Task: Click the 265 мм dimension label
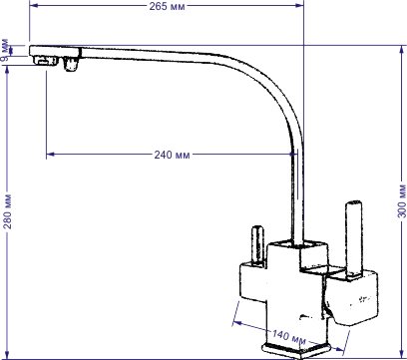[167, 6]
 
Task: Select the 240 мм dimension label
[172, 155]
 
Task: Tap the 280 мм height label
[7, 211]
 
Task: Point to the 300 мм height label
[402, 200]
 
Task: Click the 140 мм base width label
[288, 336]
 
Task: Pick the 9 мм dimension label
[5, 51]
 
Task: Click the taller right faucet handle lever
[352, 238]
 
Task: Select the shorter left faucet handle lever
[257, 246]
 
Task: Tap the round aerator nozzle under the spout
[71, 64]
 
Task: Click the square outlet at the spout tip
[46, 61]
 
